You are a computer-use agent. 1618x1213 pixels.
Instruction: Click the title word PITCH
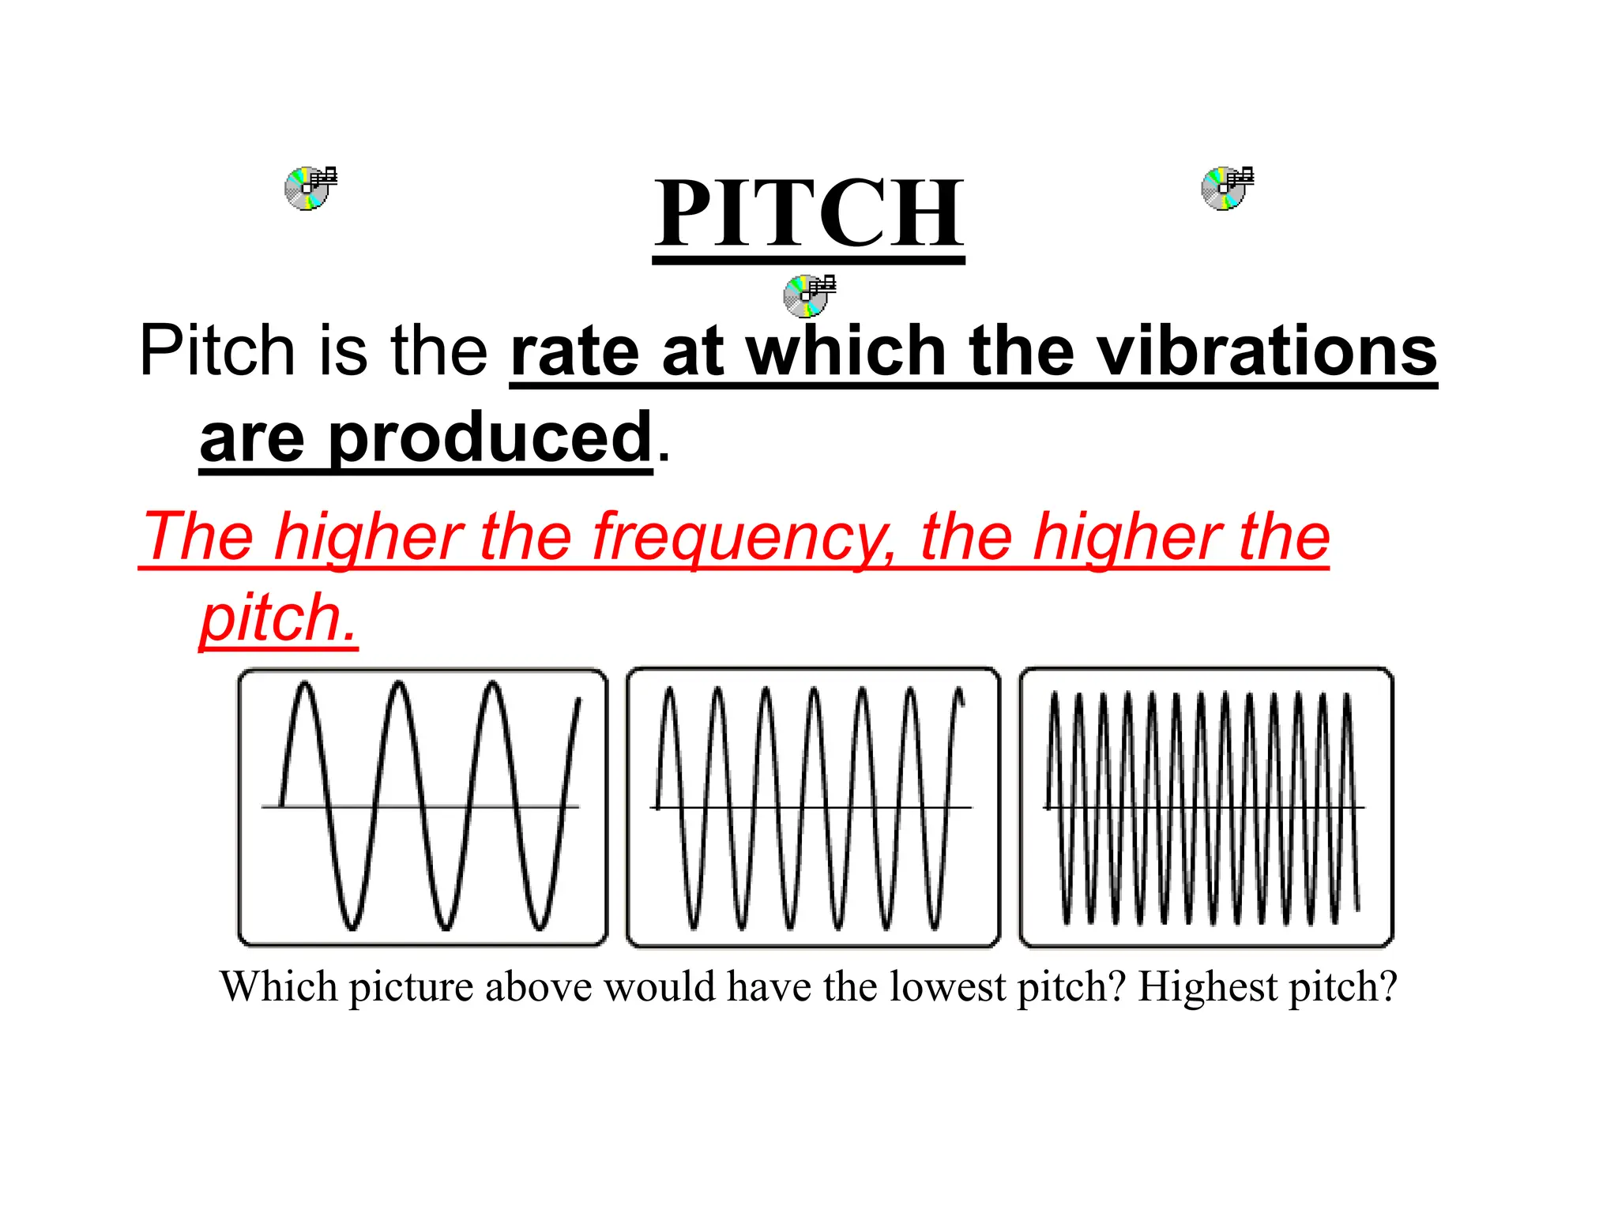(x=808, y=213)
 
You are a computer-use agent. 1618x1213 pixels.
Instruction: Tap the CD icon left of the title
(x=310, y=188)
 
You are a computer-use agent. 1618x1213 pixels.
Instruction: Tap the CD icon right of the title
(x=1226, y=188)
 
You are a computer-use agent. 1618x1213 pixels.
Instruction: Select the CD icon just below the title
(x=808, y=296)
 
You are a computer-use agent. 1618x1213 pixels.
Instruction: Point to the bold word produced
(x=490, y=438)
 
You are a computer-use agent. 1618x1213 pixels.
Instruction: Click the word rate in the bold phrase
(x=574, y=353)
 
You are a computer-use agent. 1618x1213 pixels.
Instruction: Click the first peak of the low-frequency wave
(x=305, y=685)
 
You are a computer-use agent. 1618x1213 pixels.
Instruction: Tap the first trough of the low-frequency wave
(x=352, y=926)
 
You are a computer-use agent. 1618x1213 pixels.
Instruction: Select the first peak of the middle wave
(x=669, y=692)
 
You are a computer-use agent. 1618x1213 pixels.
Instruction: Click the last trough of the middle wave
(x=935, y=926)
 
